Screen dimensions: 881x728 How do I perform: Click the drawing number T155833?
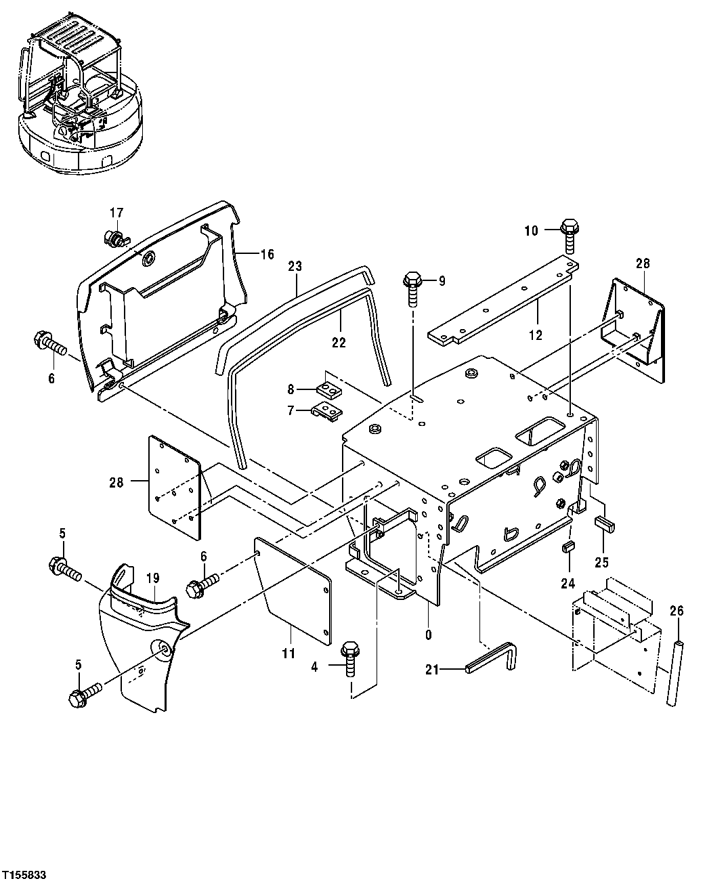[24, 875]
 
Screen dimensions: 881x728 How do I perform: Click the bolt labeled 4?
[350, 655]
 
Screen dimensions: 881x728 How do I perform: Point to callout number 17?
[116, 212]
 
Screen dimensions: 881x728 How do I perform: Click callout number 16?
[267, 255]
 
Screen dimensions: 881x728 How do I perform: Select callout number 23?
[295, 266]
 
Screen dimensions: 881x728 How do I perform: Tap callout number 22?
[339, 343]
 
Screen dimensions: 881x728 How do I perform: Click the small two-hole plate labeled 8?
[329, 390]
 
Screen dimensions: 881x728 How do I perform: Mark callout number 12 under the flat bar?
[536, 335]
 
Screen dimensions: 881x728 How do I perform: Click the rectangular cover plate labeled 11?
[293, 589]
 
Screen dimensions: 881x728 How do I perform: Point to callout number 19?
[152, 578]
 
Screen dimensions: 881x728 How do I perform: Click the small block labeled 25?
[603, 523]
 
